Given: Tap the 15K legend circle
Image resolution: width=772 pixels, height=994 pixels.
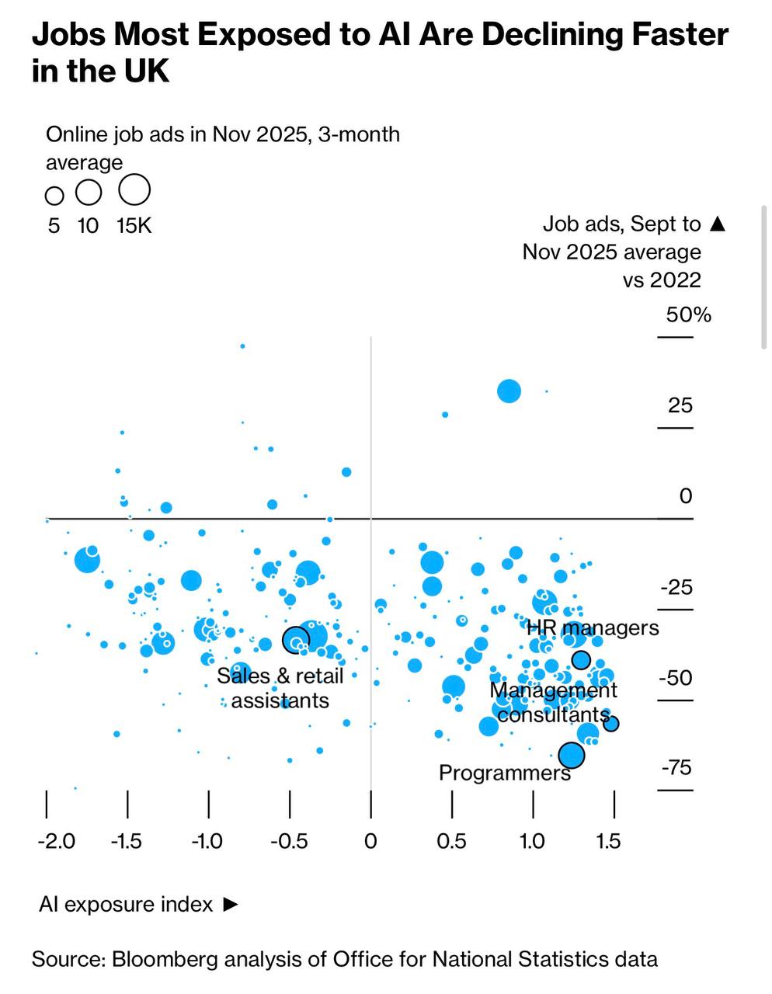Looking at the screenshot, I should tap(134, 189).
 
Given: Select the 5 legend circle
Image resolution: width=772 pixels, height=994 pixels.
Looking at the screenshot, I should tap(54, 195).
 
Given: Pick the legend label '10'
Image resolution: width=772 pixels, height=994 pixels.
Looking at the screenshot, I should tap(89, 226).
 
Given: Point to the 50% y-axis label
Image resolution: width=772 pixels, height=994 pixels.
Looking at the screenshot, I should tap(688, 315).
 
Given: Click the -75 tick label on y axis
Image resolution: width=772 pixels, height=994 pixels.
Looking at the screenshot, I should tap(676, 768).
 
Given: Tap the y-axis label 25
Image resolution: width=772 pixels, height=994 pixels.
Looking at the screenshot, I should tap(680, 405).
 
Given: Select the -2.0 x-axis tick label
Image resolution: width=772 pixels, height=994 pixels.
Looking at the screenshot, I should tap(57, 841).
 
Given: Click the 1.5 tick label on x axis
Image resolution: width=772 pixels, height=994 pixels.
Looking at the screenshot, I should tap(608, 841).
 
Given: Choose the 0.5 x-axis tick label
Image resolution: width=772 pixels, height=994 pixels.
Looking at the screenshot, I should tap(451, 841).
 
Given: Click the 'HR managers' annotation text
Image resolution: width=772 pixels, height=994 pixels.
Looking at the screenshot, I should tap(593, 627).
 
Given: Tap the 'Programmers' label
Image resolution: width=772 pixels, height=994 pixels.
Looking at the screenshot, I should tap(505, 773).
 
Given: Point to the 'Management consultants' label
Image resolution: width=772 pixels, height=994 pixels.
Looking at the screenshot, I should tap(554, 702).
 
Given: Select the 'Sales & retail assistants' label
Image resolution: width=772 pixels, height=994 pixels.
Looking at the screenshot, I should tap(280, 688).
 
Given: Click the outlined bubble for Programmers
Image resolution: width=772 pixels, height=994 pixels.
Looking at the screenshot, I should tap(572, 755).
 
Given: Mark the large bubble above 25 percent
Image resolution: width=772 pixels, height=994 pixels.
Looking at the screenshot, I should tap(509, 391).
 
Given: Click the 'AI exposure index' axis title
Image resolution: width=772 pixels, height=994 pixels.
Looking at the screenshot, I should tap(126, 905).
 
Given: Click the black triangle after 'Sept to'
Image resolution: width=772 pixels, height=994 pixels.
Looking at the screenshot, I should tap(718, 224).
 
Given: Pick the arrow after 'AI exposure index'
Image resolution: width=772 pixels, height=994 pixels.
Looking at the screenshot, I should tap(230, 905).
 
